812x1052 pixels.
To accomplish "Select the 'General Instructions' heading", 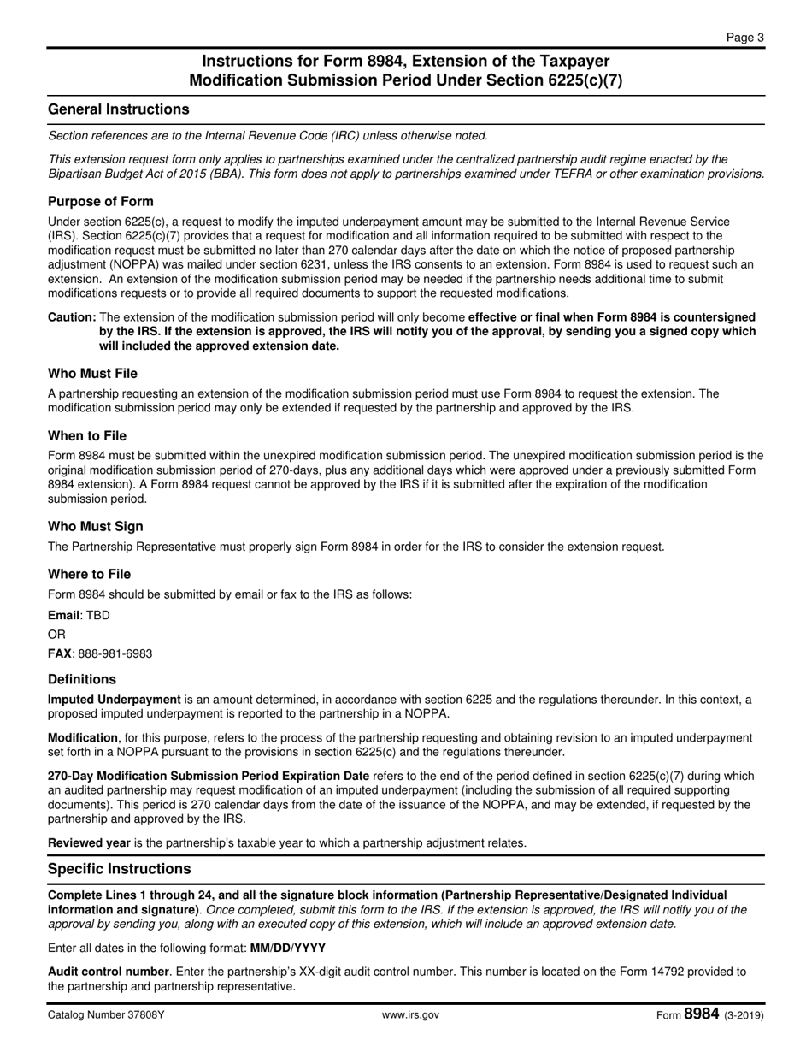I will click(x=119, y=109).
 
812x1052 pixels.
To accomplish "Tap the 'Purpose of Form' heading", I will click(x=101, y=202).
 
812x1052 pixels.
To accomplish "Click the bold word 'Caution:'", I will click(x=72, y=317).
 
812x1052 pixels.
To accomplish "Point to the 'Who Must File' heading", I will click(x=92, y=374).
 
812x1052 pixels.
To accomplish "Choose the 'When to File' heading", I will click(x=87, y=436).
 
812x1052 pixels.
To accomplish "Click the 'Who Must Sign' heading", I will click(x=96, y=527).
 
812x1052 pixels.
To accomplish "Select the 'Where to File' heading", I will click(x=89, y=575).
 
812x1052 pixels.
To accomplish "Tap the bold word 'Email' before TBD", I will click(x=63, y=616).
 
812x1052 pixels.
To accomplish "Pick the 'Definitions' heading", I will click(x=82, y=680).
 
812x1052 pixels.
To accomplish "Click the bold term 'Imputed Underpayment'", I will click(x=115, y=700).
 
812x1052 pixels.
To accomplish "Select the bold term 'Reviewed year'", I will click(x=89, y=843).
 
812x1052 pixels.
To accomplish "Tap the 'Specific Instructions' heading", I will click(x=120, y=869).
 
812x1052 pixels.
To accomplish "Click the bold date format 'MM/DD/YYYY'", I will click(x=287, y=949).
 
